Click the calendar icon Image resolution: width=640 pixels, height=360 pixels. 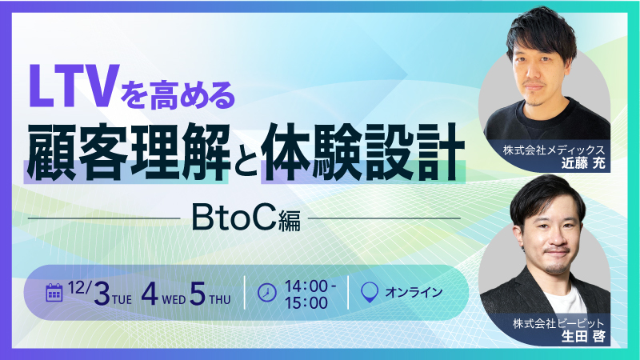55,291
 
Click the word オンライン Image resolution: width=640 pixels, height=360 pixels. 414,292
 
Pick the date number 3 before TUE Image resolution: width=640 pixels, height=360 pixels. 101,293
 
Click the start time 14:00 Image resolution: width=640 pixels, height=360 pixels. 307,283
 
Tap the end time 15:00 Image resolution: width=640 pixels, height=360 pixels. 307,302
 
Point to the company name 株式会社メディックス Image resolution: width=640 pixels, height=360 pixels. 552,150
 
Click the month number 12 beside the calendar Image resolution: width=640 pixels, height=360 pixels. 78,286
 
